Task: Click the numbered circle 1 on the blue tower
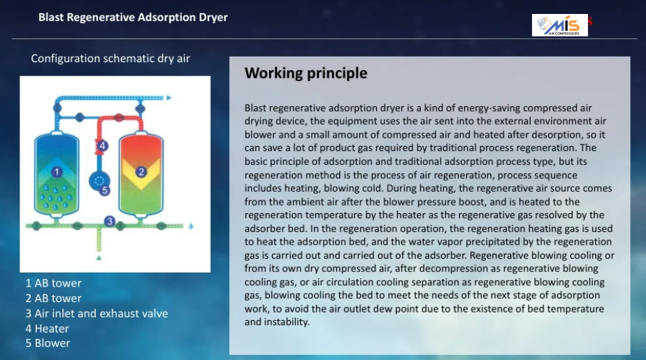(x=57, y=172)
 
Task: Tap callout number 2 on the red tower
(x=141, y=172)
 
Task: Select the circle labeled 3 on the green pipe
(x=110, y=221)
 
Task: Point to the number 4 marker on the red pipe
(x=103, y=145)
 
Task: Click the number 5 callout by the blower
(x=105, y=190)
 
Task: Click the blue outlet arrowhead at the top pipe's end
(x=169, y=98)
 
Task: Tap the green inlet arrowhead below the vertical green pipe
(x=99, y=258)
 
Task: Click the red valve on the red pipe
(x=119, y=117)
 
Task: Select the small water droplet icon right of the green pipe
(x=191, y=226)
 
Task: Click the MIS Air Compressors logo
(x=560, y=25)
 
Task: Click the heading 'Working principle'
(x=306, y=73)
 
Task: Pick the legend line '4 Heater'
(x=47, y=329)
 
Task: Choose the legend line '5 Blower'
(x=48, y=343)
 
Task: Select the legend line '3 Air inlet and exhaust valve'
(x=96, y=313)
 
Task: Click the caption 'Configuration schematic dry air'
(x=110, y=59)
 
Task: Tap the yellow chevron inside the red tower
(x=141, y=172)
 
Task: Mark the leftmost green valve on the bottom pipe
(x=36, y=226)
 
